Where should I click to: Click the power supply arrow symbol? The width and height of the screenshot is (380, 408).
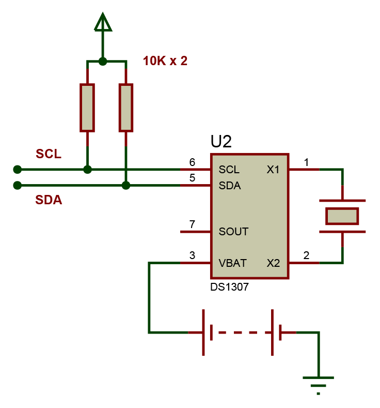(103, 23)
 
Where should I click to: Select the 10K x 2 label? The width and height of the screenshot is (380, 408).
(165, 61)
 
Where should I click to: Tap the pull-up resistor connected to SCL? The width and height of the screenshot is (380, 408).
(87, 108)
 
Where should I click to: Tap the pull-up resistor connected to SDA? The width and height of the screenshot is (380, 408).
(126, 108)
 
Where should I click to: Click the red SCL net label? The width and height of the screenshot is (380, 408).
(49, 154)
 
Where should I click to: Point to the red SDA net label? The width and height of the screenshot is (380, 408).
(49, 200)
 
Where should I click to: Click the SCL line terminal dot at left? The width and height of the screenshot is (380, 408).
(18, 169)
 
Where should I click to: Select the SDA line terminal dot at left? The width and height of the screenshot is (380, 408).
(18, 185)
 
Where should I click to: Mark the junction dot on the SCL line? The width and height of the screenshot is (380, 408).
(87, 169)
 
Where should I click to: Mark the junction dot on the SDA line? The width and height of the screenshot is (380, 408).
(126, 185)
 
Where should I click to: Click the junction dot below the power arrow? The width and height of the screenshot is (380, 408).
(103, 61)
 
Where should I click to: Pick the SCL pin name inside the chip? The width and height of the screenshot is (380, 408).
(229, 170)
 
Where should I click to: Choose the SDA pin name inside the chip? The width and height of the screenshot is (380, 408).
(230, 185)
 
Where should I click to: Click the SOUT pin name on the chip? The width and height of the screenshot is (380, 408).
(233, 232)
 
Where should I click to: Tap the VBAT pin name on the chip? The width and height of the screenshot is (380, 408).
(232, 263)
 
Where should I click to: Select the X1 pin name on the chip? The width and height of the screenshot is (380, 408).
(273, 170)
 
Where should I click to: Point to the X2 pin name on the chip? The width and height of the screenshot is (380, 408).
(273, 263)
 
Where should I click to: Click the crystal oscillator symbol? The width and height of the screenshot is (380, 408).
(342, 216)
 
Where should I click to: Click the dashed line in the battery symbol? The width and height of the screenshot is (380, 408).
(242, 333)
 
